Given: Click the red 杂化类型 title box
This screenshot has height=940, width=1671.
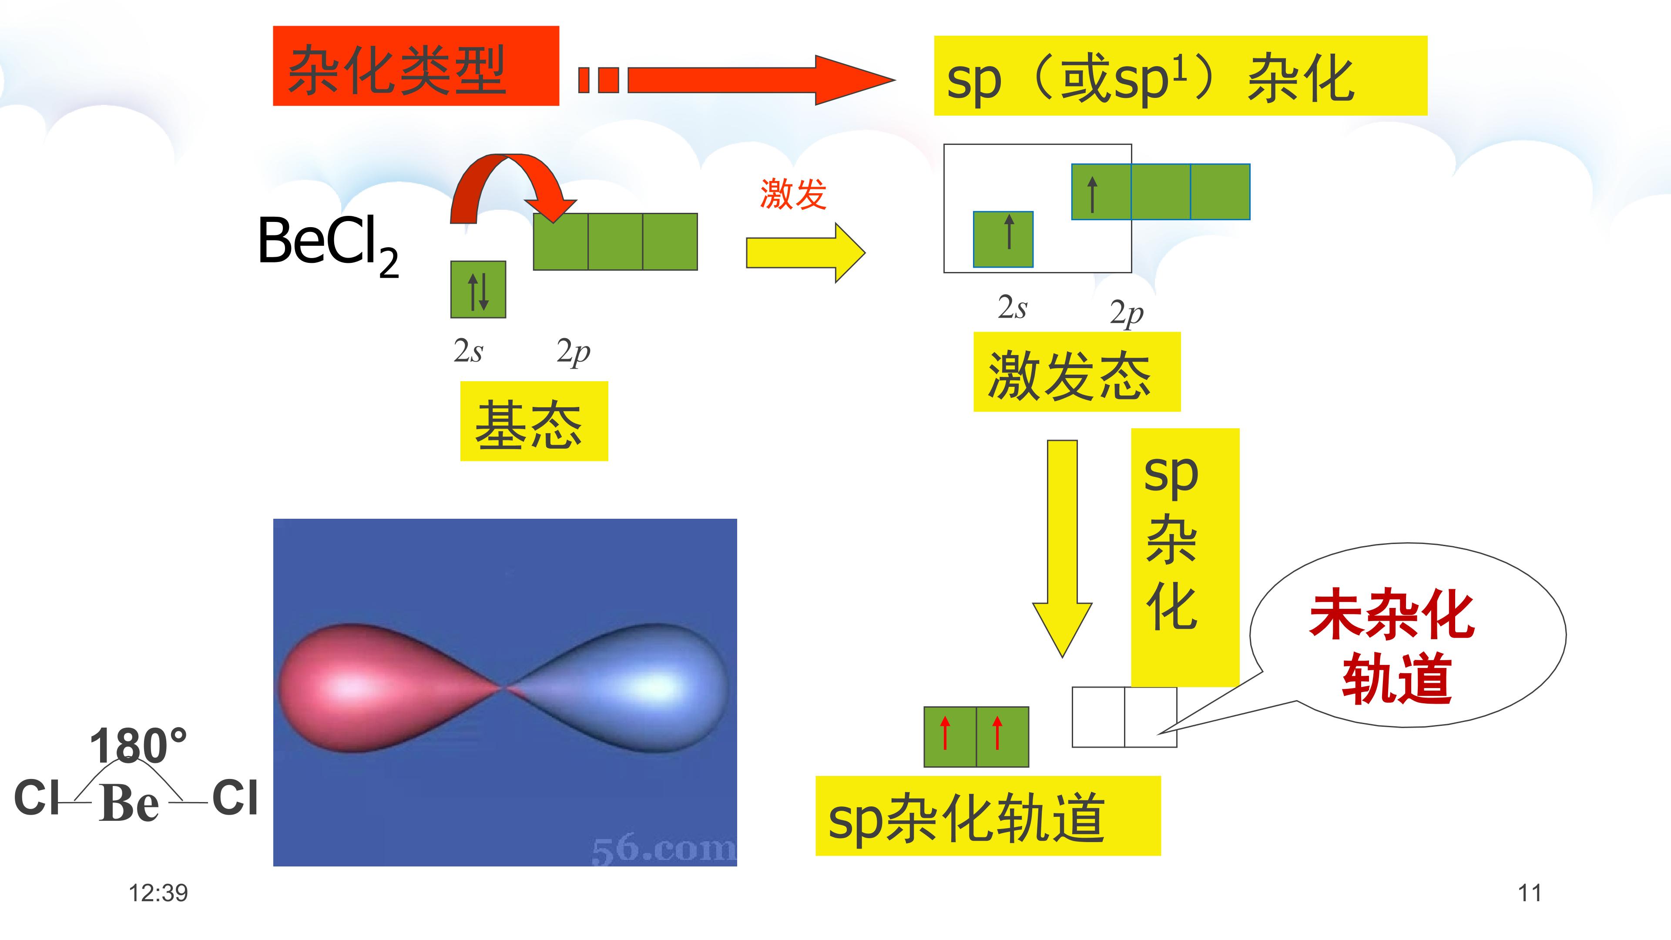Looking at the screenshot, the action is pos(416,66).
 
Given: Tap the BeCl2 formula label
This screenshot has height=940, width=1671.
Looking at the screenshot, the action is pos(328,245).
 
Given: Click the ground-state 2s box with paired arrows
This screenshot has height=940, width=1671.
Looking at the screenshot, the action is pos(478,289).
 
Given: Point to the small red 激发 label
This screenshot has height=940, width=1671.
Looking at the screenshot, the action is pos(793,193).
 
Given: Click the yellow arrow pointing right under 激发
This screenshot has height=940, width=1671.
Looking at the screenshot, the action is pos(805,253).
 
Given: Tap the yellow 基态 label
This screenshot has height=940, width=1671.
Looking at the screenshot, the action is pos(534,421).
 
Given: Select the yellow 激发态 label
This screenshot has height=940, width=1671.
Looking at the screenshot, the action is pos(1077,372).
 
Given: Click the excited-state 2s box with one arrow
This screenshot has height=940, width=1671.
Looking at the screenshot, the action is pos(1003,239).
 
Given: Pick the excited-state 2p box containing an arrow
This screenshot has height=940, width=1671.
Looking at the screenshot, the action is pos(1101,192).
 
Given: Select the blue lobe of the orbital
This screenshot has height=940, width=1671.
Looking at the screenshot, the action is pos(623,688).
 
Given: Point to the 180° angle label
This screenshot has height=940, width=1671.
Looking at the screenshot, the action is pos(138,745).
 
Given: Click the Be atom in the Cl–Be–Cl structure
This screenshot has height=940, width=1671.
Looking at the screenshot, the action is pos(129,802).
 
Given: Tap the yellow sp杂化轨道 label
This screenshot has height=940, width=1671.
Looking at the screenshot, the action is pos(988,816).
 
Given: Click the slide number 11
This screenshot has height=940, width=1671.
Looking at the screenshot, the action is pos(1530,893).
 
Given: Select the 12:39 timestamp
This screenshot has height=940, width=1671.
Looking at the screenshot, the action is pos(158,893).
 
